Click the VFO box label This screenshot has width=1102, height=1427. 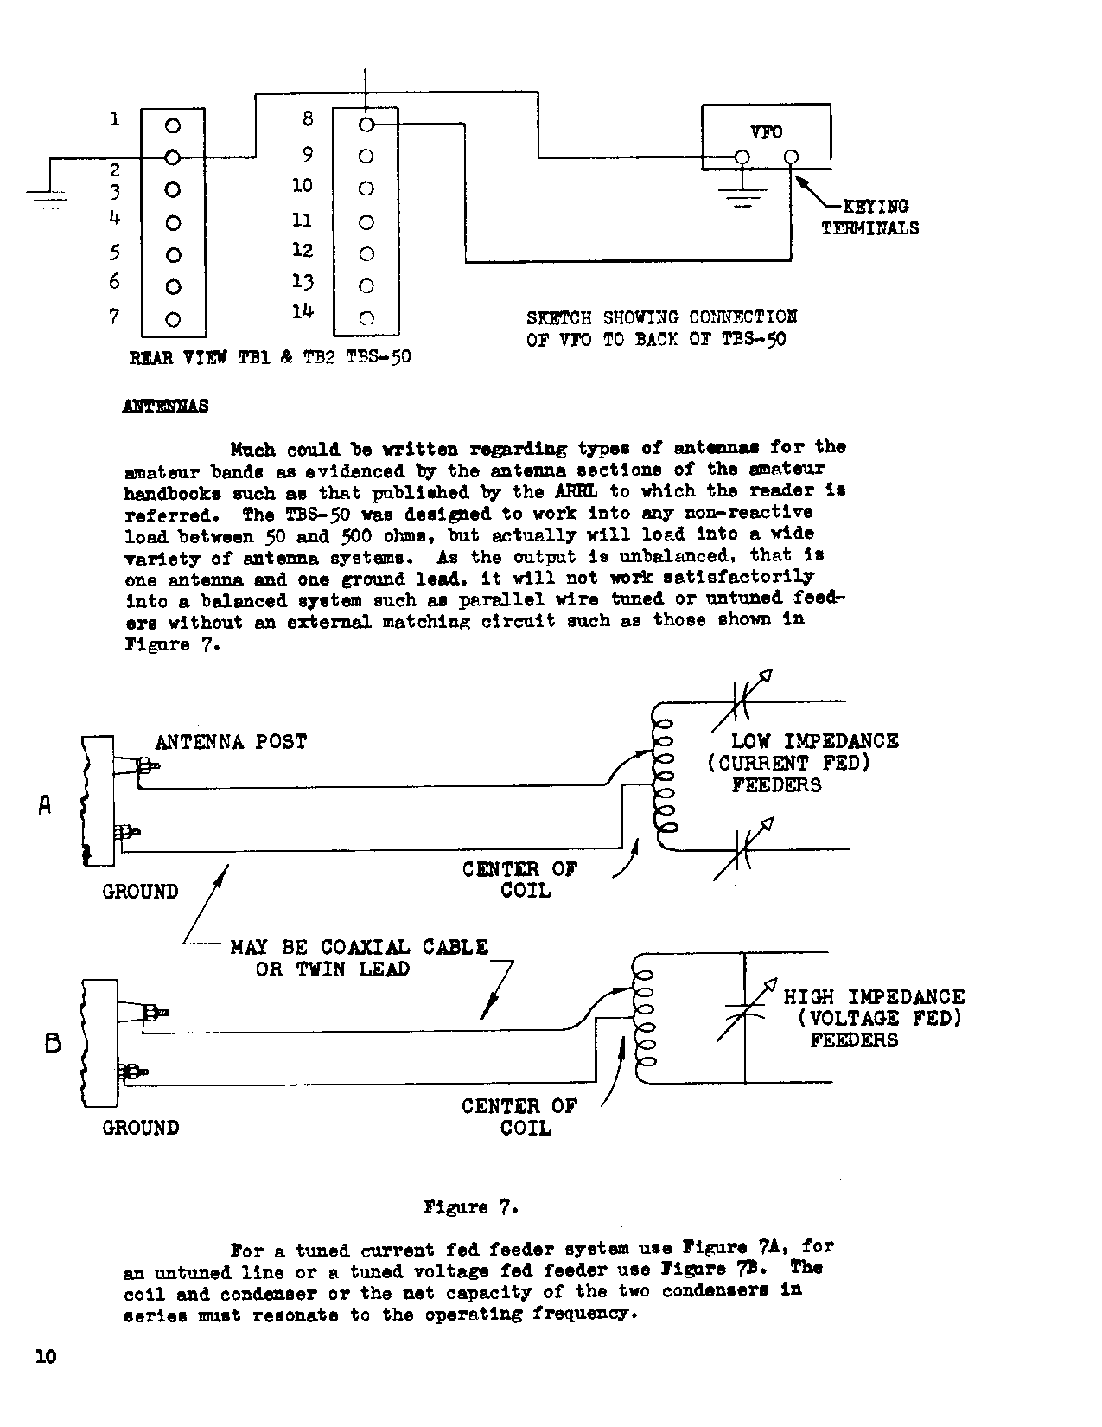point(766,131)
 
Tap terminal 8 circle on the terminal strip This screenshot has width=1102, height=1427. point(366,125)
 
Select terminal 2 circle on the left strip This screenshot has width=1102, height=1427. point(173,157)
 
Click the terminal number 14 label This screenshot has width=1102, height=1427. point(302,311)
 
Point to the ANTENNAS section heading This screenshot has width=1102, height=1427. point(166,406)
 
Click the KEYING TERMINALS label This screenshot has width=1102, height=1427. point(869,217)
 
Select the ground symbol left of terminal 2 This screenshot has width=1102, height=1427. point(51,200)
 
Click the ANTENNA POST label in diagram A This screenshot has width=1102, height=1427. point(231,742)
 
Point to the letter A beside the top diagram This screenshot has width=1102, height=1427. point(45,805)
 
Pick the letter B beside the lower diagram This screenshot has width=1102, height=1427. point(53,1044)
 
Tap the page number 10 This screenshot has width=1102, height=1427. point(46,1356)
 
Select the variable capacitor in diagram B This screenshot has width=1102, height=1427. point(745,1014)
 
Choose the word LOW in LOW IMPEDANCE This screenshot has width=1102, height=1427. point(751,741)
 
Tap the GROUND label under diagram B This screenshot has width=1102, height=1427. point(141,1128)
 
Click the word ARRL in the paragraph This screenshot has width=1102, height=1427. point(568,491)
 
